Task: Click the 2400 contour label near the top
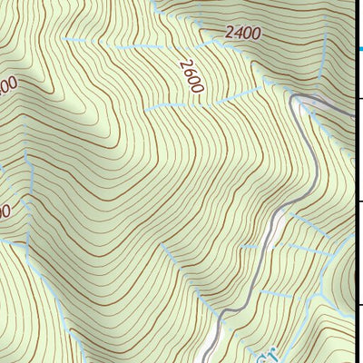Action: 243,34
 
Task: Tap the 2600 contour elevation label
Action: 191,75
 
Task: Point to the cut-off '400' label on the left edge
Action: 7,86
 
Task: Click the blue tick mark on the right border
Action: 359,51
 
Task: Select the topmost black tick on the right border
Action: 359,98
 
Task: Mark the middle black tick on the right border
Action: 359,201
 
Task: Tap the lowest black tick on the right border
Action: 359,305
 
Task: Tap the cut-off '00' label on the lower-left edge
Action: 5,211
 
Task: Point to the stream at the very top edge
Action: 154,5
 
